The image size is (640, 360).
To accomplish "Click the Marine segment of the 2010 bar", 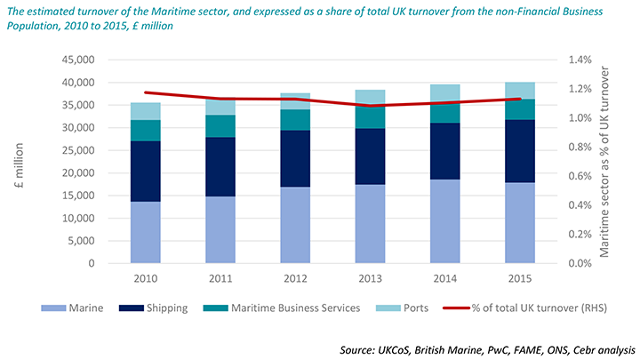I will pos(146,232).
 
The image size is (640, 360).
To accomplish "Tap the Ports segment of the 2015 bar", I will pos(520,91).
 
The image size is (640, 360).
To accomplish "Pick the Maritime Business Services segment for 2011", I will pos(220,125).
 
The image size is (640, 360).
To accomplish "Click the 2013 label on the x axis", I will pos(370,278).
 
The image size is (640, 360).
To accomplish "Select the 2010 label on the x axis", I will pos(146,278).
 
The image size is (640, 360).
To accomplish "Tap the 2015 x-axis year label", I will pos(520,278).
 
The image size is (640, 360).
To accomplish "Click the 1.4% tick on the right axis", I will pos(580,60).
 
